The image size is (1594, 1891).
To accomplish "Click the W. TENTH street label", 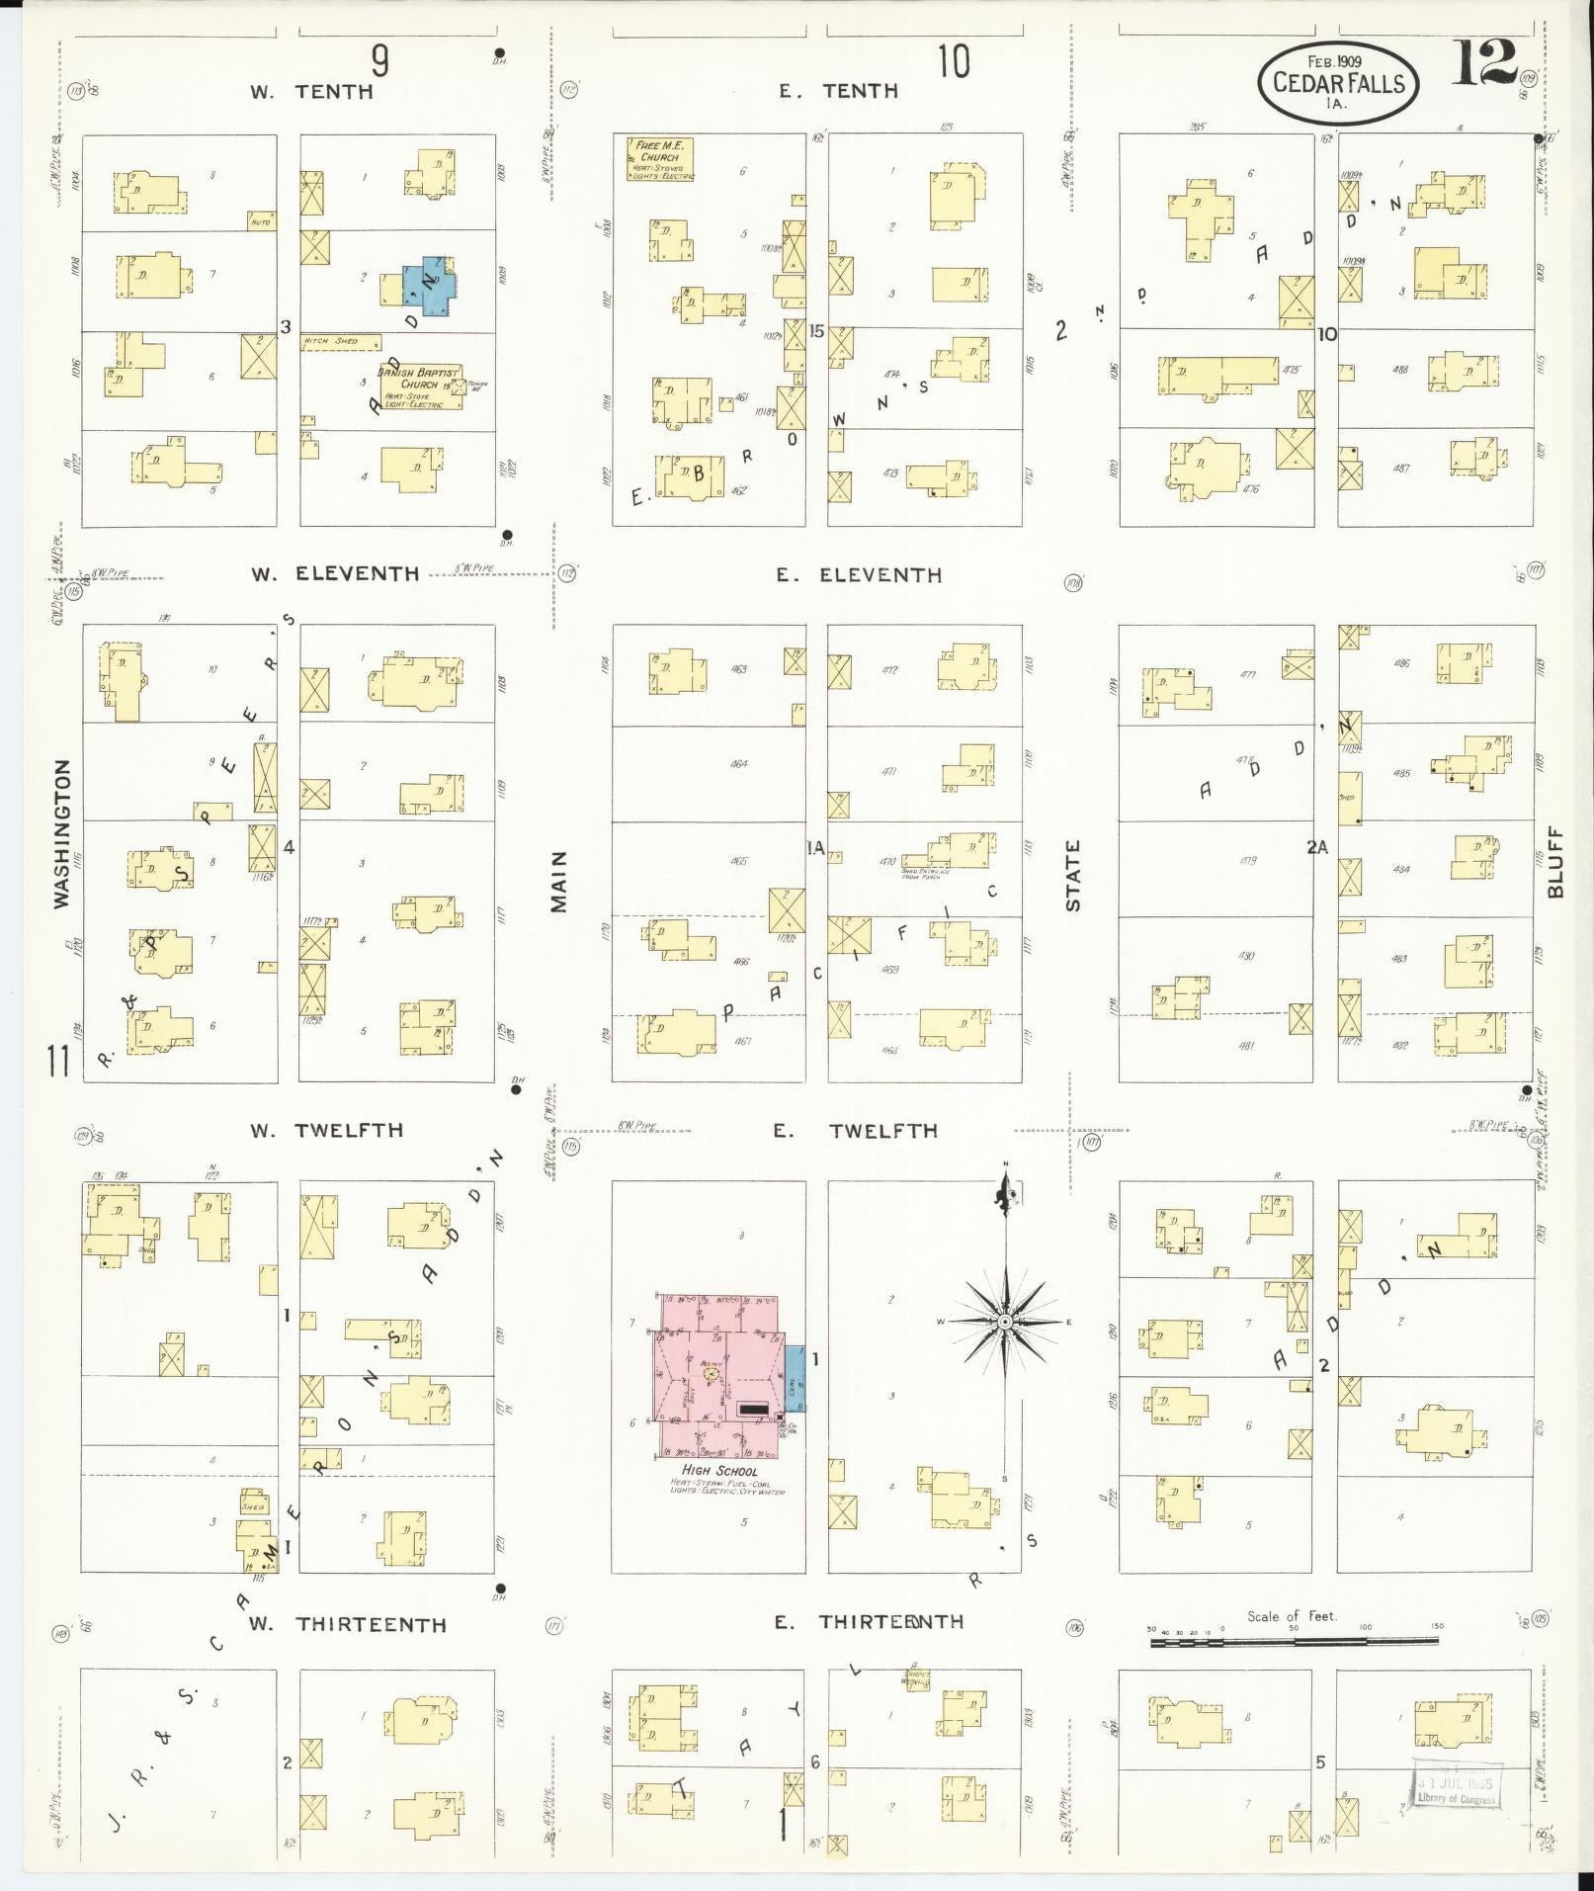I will tap(310, 92).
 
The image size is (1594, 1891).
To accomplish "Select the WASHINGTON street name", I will tap(62, 833).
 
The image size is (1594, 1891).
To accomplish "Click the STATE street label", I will tap(1073, 876).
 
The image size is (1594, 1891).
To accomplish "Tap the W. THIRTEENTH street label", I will tap(347, 1624).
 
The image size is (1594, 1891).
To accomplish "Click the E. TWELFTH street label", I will tap(856, 1131).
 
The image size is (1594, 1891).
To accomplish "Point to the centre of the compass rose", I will tap(1004, 1322).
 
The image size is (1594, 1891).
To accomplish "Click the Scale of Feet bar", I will tap(1293, 1642).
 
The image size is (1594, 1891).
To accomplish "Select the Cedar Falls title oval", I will tap(1338, 82).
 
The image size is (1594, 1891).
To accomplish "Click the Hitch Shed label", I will tap(330, 342).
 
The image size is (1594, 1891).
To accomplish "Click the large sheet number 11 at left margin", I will tap(58, 1063).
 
